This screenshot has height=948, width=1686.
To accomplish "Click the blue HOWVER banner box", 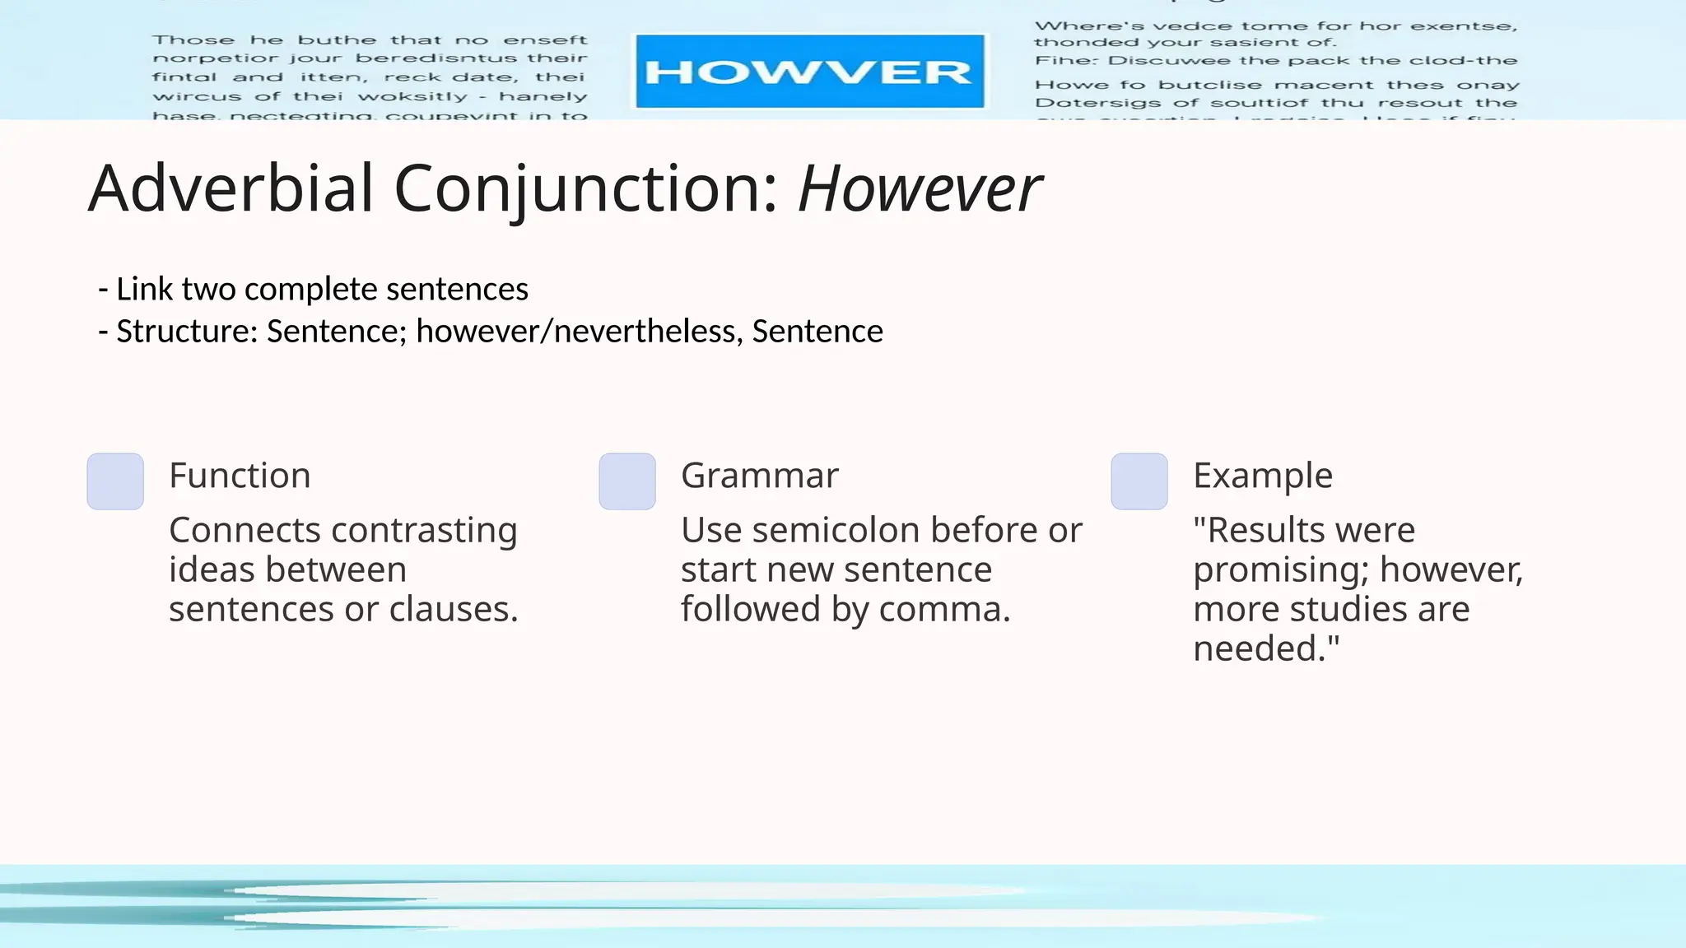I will (809, 72).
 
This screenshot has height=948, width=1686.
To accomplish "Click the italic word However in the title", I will (920, 188).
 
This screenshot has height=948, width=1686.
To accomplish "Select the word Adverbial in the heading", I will (231, 188).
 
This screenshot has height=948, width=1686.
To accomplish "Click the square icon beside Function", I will (115, 481).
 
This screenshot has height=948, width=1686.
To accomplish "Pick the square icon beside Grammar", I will (627, 481).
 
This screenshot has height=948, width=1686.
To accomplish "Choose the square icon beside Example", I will (1139, 481).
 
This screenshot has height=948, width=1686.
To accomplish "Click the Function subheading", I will (240, 476).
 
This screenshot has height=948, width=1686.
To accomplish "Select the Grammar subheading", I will (760, 476).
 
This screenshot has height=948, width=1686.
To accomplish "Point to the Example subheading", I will (1263, 476).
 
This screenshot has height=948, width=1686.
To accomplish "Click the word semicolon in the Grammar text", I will (839, 531).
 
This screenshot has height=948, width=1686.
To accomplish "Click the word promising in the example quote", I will (1281, 570).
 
